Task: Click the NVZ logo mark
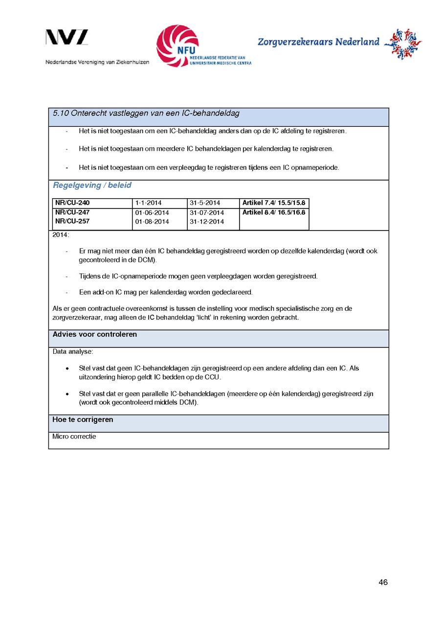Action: [x=67, y=38]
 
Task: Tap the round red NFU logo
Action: [x=177, y=46]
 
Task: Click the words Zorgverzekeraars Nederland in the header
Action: [x=318, y=42]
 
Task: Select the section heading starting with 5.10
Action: [x=146, y=114]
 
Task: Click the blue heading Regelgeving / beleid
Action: [x=92, y=185]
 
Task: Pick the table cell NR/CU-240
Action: [x=72, y=203]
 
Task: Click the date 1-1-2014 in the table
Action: [x=148, y=203]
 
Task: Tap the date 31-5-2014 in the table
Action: [x=205, y=203]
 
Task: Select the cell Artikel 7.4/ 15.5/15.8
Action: [x=274, y=203]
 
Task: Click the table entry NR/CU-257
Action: [x=72, y=221]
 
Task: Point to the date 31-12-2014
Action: [x=207, y=222]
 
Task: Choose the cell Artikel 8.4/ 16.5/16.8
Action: [x=274, y=212]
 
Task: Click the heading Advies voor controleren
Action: [x=95, y=335]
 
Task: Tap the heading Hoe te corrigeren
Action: [x=83, y=420]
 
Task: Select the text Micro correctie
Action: [x=74, y=437]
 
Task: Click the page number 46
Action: [x=383, y=582]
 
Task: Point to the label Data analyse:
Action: [x=72, y=352]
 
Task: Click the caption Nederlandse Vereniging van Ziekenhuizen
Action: [x=97, y=63]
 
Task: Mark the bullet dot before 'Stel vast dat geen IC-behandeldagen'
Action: [x=67, y=368]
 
